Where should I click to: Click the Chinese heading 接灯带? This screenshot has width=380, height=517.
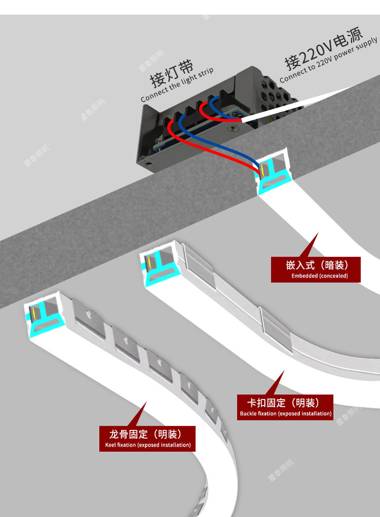(171, 73)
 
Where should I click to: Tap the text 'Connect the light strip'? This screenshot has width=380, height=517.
(177, 85)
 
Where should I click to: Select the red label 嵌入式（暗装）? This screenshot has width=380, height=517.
(317, 265)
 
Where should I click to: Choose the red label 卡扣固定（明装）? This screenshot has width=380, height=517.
(286, 403)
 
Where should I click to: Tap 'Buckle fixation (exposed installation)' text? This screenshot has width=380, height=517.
(286, 414)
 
